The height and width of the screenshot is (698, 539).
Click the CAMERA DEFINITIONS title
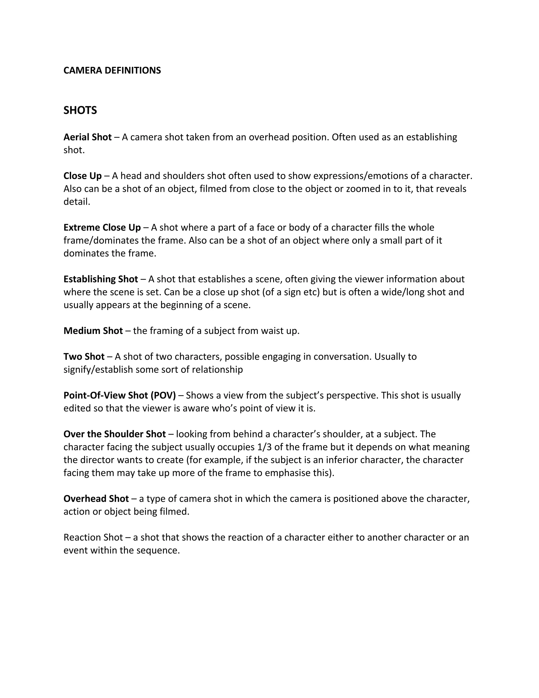(x=112, y=70)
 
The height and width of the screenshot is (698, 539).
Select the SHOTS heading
(x=80, y=110)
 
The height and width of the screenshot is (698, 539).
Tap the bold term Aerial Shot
(x=87, y=137)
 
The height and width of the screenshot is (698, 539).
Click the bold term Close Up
(x=82, y=176)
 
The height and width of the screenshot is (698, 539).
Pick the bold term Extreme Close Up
(x=102, y=228)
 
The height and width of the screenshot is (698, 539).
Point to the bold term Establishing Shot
(x=101, y=279)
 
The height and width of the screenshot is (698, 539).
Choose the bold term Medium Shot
(x=93, y=331)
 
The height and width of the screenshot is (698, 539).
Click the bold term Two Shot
(x=84, y=357)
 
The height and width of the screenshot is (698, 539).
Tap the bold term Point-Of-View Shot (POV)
(x=119, y=395)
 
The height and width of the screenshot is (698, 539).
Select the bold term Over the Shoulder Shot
(x=114, y=434)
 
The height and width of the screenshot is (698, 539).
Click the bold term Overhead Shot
(x=96, y=499)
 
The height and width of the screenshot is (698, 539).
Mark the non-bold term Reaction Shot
(x=93, y=537)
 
